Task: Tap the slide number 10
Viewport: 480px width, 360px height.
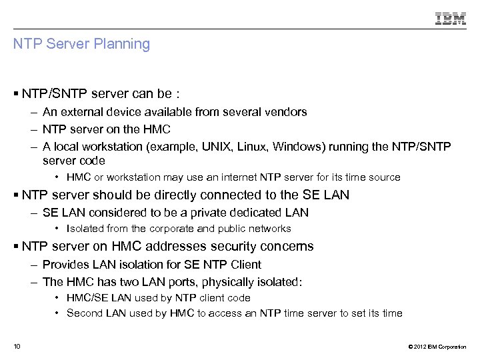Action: click(17, 346)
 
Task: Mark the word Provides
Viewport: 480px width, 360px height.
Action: click(65, 265)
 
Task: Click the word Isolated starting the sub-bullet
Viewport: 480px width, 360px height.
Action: click(86, 229)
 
